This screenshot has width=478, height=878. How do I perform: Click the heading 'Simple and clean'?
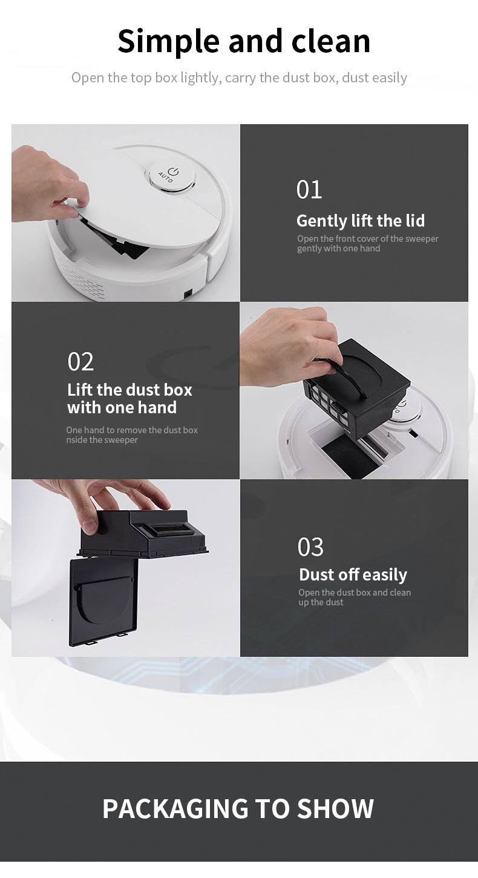point(244,41)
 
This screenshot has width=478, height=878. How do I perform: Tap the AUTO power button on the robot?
point(172,175)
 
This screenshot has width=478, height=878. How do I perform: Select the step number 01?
point(309,190)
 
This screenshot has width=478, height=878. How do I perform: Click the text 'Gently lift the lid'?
point(361,221)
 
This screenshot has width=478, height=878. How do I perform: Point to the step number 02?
point(80,362)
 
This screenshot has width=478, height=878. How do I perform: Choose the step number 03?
point(310,547)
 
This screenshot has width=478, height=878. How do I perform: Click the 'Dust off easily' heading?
point(353,574)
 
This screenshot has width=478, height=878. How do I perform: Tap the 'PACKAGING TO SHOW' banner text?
point(238,809)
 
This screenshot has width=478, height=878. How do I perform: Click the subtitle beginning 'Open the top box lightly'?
point(239,78)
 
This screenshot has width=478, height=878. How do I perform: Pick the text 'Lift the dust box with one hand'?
point(129,398)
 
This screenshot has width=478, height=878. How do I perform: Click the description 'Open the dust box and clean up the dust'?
point(354,597)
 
